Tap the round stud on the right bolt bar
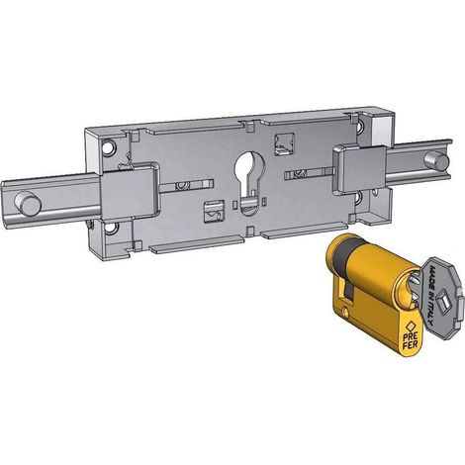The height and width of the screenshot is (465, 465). pos(436,161)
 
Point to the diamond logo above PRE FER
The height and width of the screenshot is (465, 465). pos(411,325)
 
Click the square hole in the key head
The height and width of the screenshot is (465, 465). pos(442,301)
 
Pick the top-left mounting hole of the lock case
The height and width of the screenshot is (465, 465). pos(107,147)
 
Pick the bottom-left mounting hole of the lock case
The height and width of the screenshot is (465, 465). pos(113,229)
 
